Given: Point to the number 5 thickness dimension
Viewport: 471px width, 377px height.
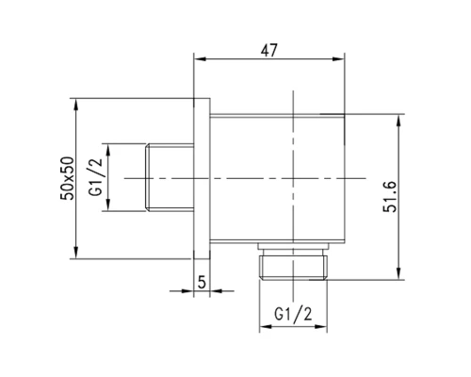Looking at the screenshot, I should (x=201, y=280).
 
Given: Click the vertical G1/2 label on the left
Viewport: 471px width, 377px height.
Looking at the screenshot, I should (x=94, y=177).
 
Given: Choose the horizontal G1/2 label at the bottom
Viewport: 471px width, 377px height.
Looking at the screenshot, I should (x=294, y=311).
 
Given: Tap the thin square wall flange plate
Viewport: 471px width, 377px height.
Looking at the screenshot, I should (x=201, y=177).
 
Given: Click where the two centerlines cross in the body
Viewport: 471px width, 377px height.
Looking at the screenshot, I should (x=295, y=177).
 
